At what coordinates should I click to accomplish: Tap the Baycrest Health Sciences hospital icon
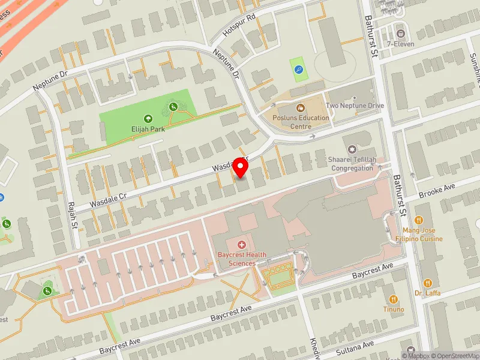[x=242, y=245]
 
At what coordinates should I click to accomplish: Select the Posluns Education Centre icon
[x=301, y=108]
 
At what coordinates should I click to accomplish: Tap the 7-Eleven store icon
[x=400, y=32]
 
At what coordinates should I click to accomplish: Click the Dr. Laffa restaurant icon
[x=427, y=283]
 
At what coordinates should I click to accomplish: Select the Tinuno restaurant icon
[x=394, y=299]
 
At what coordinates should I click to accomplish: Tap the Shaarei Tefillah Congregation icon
[x=352, y=149]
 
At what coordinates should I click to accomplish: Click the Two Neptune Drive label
[x=355, y=106]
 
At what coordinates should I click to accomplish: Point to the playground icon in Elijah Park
[x=173, y=106]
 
